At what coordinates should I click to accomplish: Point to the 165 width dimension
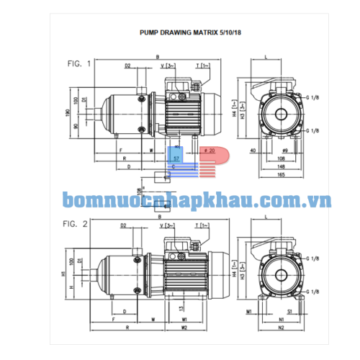pos(274,174)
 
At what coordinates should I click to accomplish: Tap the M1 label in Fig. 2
pos(248,312)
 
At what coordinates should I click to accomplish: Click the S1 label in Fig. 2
pos(289,312)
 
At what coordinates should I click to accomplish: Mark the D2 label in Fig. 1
pos(127,66)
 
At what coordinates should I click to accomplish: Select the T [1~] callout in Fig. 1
pos(202,66)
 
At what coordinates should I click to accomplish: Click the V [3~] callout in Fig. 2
pos(171,225)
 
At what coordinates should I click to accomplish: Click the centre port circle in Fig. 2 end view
pos(275,274)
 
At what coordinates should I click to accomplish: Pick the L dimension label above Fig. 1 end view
pos(266,56)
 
